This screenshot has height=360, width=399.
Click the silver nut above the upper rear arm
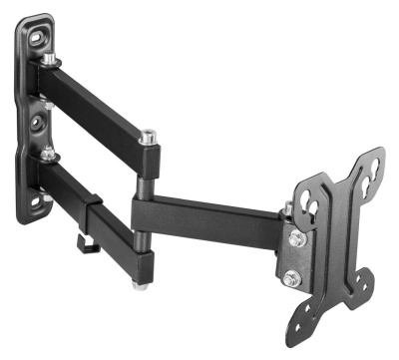click(x=48, y=59)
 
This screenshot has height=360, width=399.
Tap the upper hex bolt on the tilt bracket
click(x=296, y=239)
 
